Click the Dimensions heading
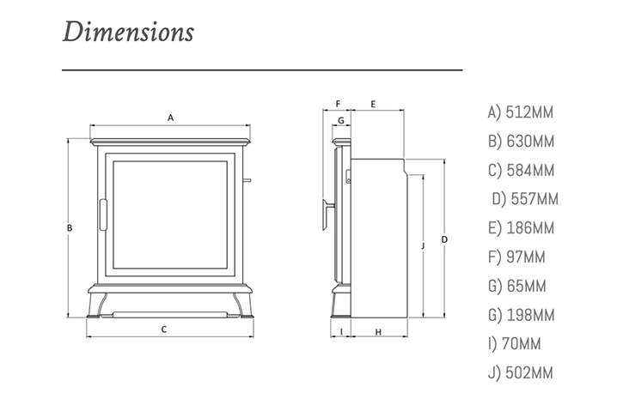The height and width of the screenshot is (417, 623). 128,33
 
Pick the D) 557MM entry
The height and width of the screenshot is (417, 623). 525,199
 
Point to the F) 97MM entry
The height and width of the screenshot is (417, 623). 516,257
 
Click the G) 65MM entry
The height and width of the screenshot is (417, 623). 516,286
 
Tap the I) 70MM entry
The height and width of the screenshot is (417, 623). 515,344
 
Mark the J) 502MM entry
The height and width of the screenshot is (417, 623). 520,373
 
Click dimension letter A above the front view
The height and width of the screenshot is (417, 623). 171,117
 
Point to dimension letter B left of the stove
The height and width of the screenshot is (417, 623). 69,227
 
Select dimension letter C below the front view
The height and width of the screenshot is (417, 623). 163,329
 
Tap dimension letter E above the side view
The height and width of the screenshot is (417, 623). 373,103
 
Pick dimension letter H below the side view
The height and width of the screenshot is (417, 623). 378,331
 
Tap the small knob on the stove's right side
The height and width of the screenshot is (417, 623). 247,180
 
